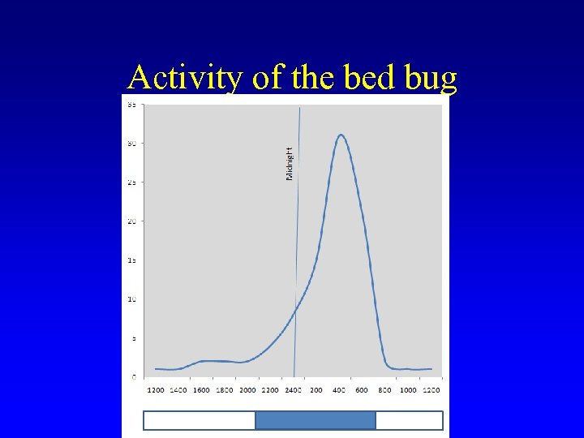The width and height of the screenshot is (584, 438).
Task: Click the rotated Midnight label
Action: tap(290, 163)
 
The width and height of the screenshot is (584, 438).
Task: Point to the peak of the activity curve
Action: tap(341, 135)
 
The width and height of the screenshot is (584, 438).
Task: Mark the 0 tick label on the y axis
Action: tap(133, 377)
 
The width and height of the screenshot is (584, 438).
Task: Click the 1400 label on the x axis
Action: tap(178, 390)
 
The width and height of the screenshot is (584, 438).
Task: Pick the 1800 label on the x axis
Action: tap(225, 390)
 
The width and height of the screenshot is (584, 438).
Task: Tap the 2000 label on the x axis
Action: tap(247, 390)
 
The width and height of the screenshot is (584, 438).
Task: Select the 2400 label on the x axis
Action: tap(294, 390)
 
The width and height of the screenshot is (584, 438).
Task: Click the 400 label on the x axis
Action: tap(339, 390)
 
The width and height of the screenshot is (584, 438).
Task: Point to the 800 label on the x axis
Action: tap(385, 390)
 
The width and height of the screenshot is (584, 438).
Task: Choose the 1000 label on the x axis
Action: tap(408, 390)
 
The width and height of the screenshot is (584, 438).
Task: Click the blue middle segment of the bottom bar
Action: tap(316, 420)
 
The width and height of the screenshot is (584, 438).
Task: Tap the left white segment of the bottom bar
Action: tap(200, 420)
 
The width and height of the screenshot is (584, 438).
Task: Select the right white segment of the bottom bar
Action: tap(409, 420)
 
